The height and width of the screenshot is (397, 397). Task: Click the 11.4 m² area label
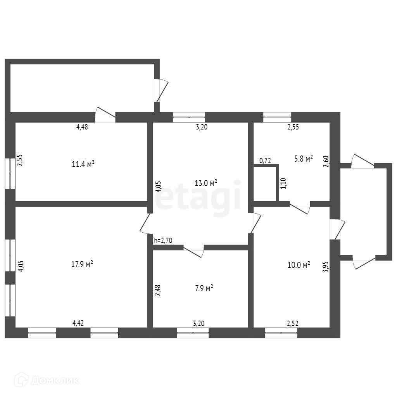[x=83, y=164]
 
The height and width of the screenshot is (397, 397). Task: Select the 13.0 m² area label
[x=205, y=183]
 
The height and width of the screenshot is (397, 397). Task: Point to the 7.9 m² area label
[x=204, y=288]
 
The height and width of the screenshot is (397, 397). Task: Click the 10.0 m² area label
[x=299, y=265]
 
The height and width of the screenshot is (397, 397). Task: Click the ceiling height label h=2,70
[x=163, y=240]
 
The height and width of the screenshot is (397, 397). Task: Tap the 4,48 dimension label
[x=82, y=127]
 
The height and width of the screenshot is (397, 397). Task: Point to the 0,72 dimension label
[x=265, y=161]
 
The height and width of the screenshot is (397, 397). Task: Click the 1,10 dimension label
[x=283, y=183]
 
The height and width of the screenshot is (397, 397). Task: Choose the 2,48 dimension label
[x=157, y=290]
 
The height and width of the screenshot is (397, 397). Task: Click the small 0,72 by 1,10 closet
[x=265, y=184]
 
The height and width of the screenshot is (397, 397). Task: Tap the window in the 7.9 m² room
[x=193, y=333]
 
